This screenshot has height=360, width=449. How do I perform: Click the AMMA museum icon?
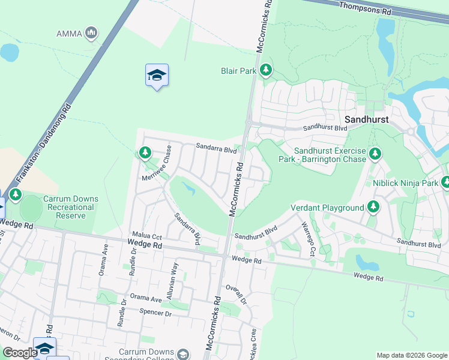(x=92, y=32)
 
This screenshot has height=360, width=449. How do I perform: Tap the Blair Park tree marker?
(x=265, y=71)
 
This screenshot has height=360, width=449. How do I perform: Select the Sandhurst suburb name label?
(x=366, y=119)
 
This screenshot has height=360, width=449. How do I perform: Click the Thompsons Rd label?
(x=364, y=8)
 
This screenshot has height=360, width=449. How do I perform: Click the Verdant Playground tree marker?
(x=373, y=207)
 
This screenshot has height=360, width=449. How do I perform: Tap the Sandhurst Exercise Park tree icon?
(x=375, y=154)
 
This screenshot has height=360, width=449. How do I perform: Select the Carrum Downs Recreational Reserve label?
(x=70, y=207)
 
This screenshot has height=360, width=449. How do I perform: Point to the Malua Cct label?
(x=148, y=238)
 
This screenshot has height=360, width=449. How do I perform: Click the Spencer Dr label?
(x=155, y=313)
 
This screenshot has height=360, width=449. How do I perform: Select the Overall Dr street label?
(x=237, y=295)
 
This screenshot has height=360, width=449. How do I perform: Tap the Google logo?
(x=19, y=352)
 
